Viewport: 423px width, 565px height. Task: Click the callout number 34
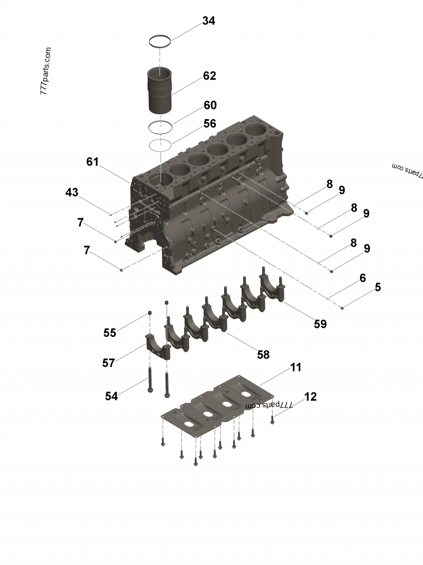208,21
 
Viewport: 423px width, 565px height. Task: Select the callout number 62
209,76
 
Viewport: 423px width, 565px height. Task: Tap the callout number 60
209,105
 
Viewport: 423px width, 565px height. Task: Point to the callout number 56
209,123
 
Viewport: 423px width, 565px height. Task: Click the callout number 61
93,162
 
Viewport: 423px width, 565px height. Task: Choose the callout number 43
72,192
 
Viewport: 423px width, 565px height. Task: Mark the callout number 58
263,355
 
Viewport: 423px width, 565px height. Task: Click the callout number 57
108,363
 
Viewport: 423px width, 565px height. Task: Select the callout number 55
109,333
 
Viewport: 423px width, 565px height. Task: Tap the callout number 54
111,396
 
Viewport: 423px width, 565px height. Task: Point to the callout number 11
296,367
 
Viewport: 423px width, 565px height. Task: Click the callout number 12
310,397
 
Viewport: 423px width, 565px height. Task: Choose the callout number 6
363,278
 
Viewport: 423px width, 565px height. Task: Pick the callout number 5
378,288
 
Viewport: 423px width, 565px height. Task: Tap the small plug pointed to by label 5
343,307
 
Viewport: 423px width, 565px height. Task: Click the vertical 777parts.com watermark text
45,71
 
